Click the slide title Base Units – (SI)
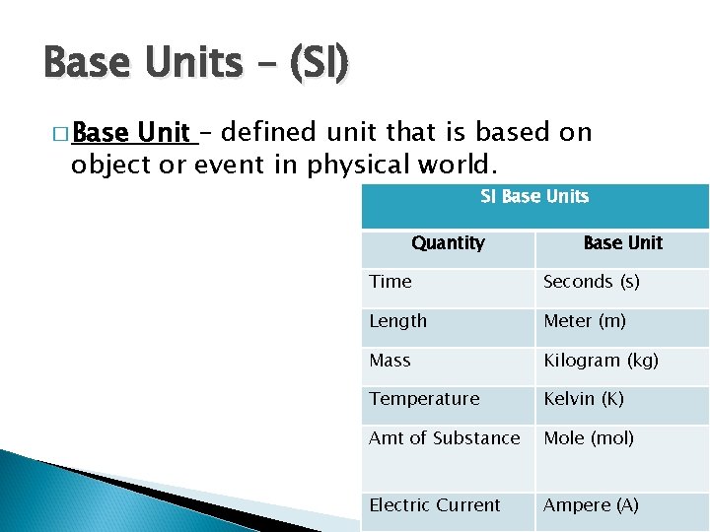196,63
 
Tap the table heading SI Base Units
534,197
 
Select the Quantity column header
448,243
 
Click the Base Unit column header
622,243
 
